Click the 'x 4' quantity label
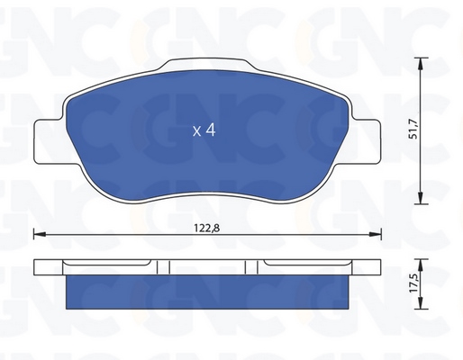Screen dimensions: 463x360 click(204, 130)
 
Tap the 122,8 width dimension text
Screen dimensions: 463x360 click(207, 229)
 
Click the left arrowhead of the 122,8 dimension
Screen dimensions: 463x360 click(40, 234)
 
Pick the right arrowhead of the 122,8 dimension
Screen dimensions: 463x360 click(376, 234)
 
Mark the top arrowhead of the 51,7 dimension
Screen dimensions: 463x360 click(421, 63)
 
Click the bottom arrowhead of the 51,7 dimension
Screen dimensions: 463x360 click(421, 198)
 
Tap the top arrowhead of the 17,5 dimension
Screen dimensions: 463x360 click(421, 265)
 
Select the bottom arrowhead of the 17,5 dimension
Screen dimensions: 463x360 click(421, 303)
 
